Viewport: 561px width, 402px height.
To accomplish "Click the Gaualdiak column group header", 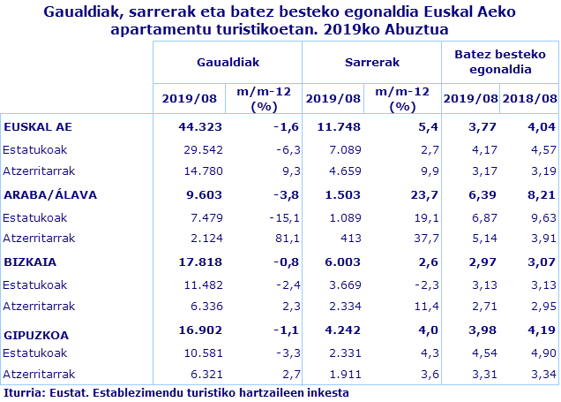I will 227,63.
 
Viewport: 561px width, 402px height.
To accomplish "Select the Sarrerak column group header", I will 371,63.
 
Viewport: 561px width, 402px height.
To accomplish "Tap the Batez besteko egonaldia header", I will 499,62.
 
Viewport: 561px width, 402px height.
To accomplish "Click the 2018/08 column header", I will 529,99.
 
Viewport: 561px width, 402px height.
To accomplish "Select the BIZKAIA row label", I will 31,262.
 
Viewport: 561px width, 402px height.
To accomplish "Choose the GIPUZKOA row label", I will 36,335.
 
